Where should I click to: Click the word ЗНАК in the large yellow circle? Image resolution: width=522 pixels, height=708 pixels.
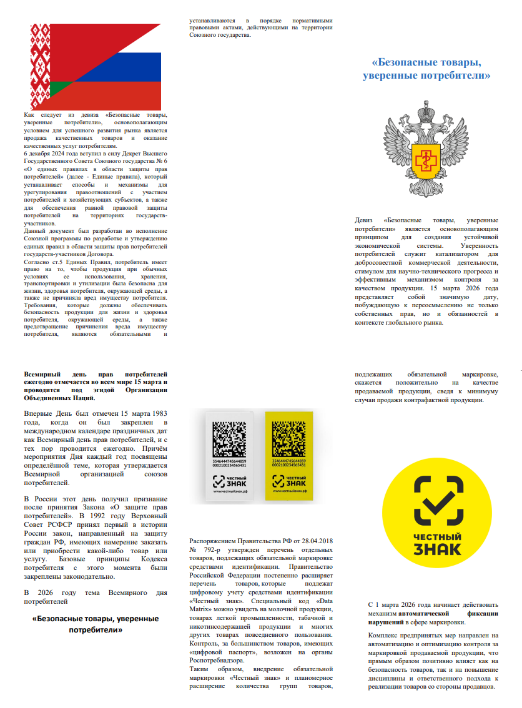[x=438, y=548]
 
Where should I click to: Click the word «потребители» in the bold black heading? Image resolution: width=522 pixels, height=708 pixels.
[x=95, y=630]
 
